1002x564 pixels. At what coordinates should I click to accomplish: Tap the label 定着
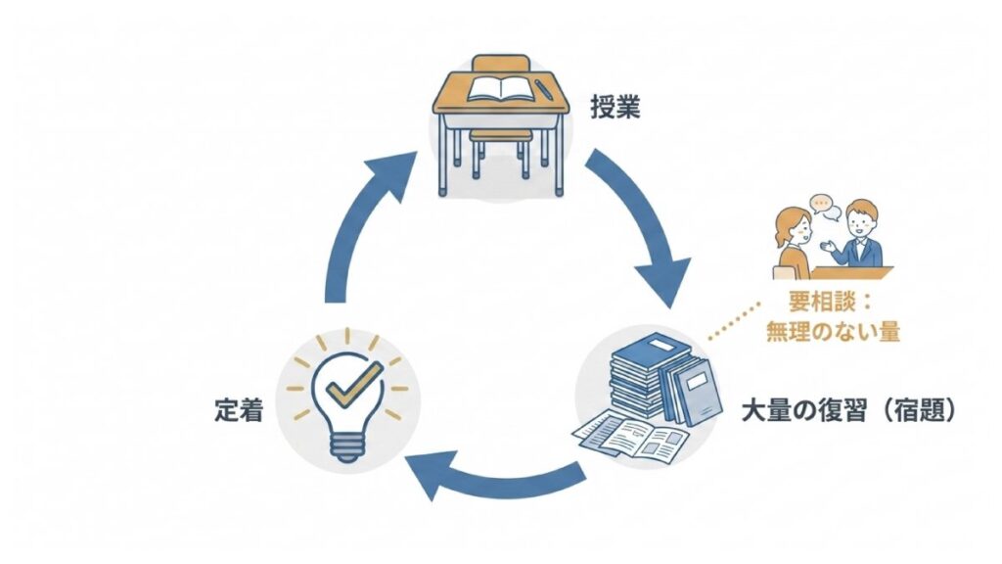click(x=238, y=411)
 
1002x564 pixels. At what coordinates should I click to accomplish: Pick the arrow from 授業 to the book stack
click(x=641, y=220)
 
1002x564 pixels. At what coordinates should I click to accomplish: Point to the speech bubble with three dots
click(x=821, y=206)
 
